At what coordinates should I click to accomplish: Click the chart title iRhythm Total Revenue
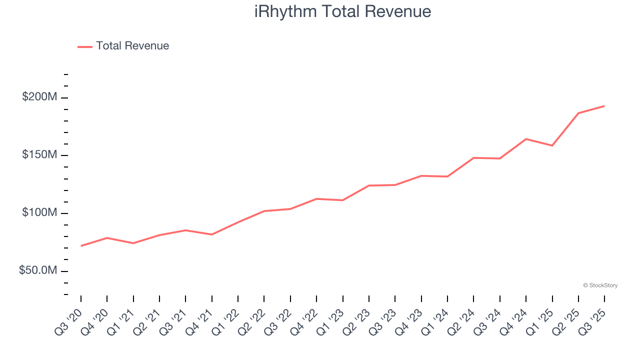pos(342,11)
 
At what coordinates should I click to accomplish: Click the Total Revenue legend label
pos(132,46)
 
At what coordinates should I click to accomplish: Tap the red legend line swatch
pos(85,46)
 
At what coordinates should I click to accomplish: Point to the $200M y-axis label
pos(39,97)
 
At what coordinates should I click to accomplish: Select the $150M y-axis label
pos(39,155)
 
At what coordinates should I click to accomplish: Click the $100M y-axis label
pos(39,213)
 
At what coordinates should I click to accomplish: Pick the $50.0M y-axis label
pos(37,270)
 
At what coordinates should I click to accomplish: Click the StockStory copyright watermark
pos(600,285)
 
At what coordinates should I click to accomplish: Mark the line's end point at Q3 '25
pos(604,106)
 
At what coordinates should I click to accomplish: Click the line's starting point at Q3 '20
pos(81,246)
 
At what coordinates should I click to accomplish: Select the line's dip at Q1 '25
pos(552,145)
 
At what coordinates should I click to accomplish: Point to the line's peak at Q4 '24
pos(526,139)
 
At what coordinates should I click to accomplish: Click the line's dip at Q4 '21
pos(212,234)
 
